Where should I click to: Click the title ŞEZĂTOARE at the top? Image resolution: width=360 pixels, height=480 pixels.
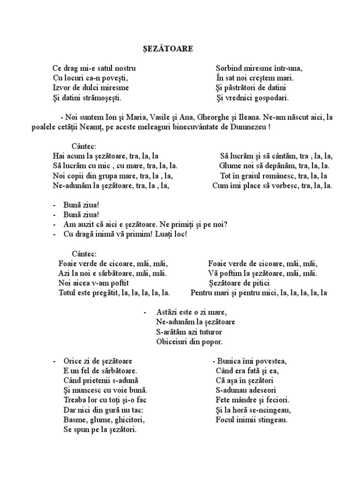tap(168, 48)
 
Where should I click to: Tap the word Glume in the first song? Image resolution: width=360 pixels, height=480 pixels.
tap(230, 166)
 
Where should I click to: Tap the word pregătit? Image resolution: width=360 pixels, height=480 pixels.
tap(105, 293)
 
